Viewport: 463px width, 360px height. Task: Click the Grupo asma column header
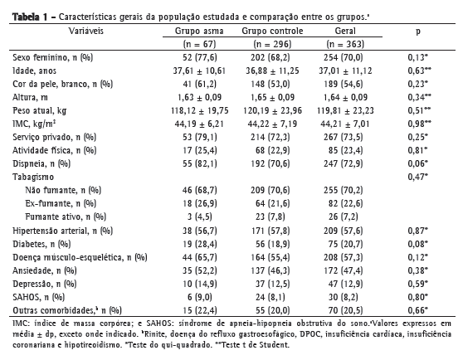tap(199, 31)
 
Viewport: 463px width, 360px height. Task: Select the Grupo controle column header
tap(272, 31)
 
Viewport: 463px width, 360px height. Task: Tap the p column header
tap(418, 32)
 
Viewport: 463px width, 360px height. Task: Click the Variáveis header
tap(86, 31)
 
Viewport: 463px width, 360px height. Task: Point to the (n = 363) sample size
tap(345, 44)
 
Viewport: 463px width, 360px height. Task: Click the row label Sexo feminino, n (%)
tap(53, 57)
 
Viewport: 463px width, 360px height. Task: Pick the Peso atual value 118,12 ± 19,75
tap(200, 110)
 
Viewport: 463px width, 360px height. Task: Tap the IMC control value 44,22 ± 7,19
tap(272, 124)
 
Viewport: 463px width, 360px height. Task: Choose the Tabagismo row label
tap(33, 177)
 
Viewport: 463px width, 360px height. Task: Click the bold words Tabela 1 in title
tap(30, 17)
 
